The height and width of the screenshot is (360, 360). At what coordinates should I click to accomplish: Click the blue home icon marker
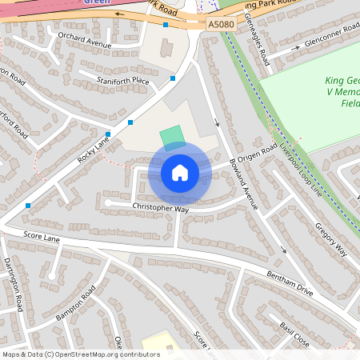coord(180,173)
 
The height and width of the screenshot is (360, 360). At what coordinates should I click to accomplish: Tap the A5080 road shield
coord(222,26)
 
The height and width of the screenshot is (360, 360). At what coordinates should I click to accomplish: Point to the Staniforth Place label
coord(122,81)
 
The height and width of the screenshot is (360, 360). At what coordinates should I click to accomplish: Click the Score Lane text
coord(42,237)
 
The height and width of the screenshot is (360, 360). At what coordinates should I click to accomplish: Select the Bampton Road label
coord(75,306)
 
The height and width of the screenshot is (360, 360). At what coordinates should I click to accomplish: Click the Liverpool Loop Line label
coord(300,171)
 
